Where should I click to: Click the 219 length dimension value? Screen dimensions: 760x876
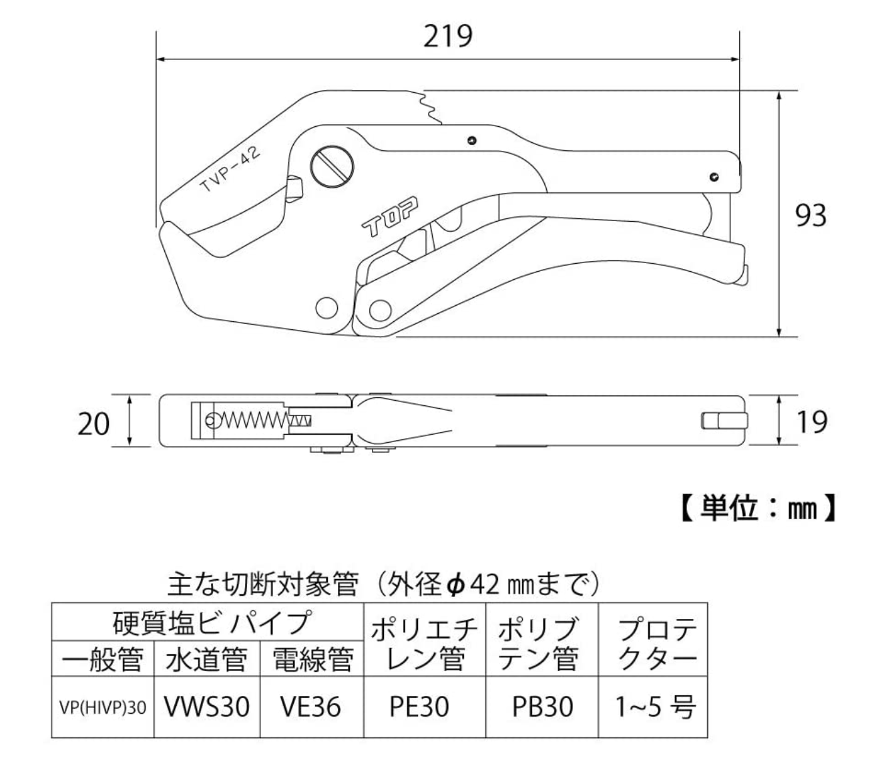tap(447, 35)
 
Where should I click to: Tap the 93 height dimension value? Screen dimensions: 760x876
tap(810, 215)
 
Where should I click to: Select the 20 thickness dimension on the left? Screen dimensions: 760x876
tap(93, 423)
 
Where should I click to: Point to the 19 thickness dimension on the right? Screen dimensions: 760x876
tap(811, 421)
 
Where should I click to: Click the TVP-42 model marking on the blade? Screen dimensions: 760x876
tap(230, 170)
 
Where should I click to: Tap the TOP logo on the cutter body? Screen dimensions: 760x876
tap(389, 216)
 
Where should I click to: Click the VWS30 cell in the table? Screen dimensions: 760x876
tap(207, 707)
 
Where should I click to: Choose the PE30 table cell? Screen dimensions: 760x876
tap(419, 707)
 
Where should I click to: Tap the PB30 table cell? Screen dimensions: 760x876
tap(542, 707)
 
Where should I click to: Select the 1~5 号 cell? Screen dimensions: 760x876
tap(653, 707)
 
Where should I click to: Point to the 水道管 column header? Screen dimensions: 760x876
tap(206, 660)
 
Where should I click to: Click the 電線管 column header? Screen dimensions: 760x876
tap(312, 660)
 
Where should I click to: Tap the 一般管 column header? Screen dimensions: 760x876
tap(102, 660)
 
